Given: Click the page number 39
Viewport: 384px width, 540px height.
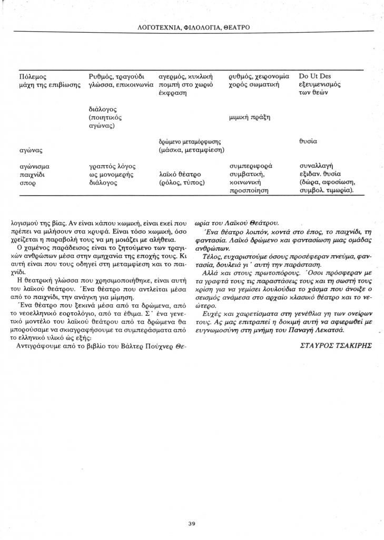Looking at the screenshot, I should (x=192, y=509).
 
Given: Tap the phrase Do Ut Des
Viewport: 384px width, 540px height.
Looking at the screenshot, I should (x=315, y=76).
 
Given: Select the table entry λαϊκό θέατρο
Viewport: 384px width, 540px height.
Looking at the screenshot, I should (x=180, y=174).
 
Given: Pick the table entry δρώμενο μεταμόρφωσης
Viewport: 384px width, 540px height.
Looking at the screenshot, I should (x=190, y=142).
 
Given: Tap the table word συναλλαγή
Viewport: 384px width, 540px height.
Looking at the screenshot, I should (x=314, y=166).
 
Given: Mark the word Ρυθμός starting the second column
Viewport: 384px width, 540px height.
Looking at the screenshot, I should (x=101, y=76).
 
